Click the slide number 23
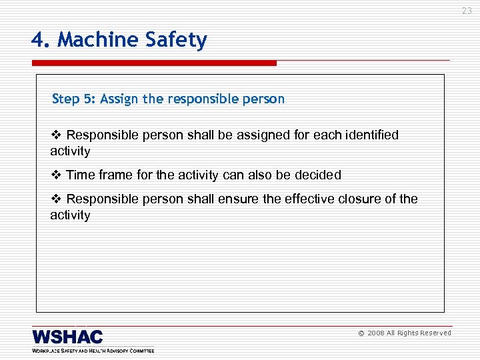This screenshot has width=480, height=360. coord(467,11)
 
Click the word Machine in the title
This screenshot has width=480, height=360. coord(97,40)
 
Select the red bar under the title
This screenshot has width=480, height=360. coord(154,63)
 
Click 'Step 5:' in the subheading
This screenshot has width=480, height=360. coord(74,99)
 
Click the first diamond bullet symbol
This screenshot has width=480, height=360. coord(56,135)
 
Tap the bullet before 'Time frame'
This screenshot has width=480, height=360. coord(56,175)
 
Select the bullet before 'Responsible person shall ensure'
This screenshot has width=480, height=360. coord(56,199)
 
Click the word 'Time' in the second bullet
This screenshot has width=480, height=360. coord(81,175)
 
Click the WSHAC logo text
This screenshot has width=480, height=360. coord(67,337)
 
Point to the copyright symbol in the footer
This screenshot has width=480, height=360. coord(361,333)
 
